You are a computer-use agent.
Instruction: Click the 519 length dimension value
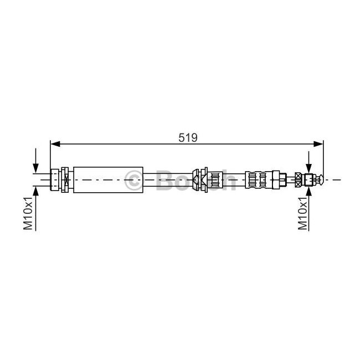188,137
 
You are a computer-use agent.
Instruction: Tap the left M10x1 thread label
28,213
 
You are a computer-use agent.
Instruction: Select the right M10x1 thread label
302,213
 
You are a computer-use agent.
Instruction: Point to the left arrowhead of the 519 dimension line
55,144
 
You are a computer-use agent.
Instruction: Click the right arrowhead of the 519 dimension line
318,144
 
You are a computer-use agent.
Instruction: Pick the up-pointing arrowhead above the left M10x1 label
35,191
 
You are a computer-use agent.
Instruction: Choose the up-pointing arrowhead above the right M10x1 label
309,191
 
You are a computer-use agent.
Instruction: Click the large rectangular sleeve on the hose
108,180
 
